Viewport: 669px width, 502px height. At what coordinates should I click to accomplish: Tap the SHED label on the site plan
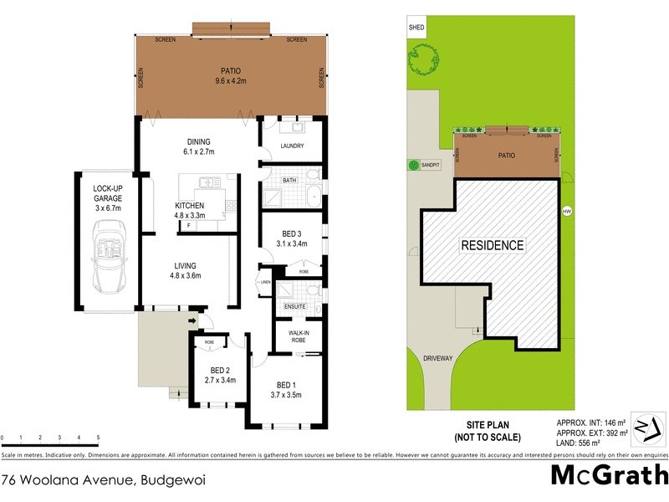[416, 28]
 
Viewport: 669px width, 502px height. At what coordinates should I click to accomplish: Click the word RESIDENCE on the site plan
[493, 246]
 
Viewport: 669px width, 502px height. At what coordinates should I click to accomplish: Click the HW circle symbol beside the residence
[567, 210]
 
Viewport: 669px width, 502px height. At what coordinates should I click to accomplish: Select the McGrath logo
[609, 475]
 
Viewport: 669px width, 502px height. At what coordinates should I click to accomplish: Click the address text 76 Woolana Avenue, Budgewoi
[104, 480]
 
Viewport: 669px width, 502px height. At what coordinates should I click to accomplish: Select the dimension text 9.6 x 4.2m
[231, 82]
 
